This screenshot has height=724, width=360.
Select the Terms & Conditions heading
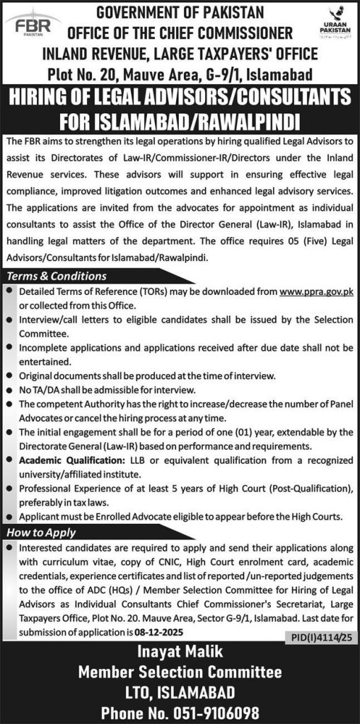57,276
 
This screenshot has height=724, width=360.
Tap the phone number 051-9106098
179,712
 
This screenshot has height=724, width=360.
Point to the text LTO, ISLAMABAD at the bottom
179,691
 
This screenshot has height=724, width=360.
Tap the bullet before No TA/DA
8,390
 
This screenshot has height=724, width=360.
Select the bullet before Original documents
8,376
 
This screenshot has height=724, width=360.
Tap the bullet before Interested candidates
8,548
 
